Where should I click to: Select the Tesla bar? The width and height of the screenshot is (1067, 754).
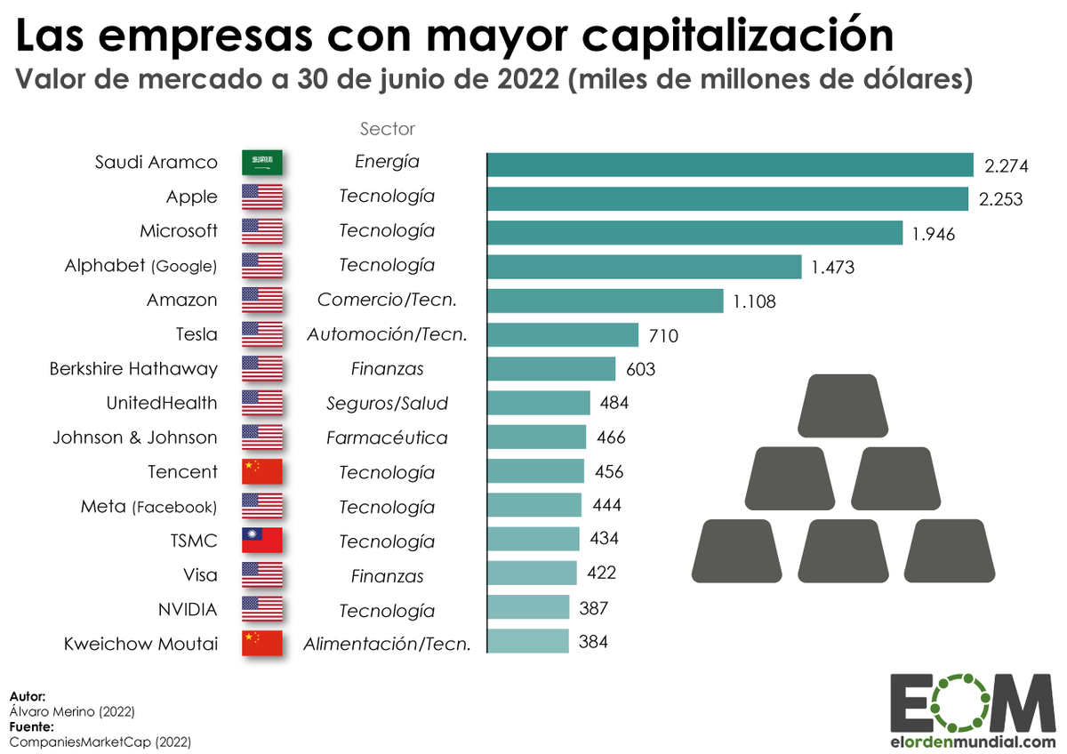click(563, 335)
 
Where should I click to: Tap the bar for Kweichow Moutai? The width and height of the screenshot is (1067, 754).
click(528, 641)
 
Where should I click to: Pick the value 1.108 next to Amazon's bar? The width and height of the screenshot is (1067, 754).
click(754, 301)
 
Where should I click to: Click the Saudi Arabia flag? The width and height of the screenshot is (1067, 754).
click(262, 163)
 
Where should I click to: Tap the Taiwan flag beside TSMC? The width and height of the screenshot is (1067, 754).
click(262, 541)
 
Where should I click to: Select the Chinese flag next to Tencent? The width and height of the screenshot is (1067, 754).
click(262, 472)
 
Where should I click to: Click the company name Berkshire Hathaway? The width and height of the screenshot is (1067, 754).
click(133, 368)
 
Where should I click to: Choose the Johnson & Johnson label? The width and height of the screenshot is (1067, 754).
click(134, 437)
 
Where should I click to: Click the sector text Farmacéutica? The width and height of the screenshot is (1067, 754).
click(387, 437)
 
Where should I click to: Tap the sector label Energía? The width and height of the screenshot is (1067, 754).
click(387, 162)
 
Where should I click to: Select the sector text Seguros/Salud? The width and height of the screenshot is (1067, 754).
click(387, 404)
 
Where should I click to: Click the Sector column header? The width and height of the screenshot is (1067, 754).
click(387, 129)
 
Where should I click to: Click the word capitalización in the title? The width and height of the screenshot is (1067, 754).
click(710, 36)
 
